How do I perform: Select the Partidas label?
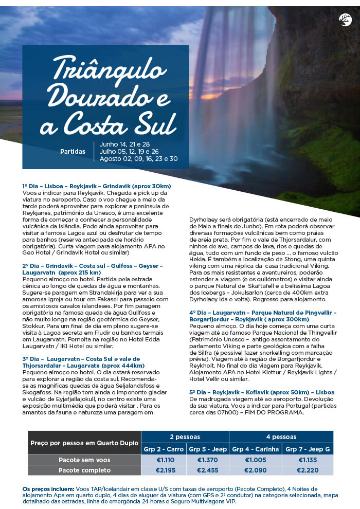pos(73,152)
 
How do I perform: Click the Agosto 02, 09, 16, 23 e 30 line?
pos(139,159)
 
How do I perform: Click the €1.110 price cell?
pos(164,460)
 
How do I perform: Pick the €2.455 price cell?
pos(208,470)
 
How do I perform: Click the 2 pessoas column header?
pos(185,437)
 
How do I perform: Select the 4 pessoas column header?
pos(281,437)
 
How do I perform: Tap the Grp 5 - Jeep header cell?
pos(208,449)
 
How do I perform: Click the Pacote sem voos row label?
pos(84,460)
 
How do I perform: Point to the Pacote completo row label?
pos(84,470)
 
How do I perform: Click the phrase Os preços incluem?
pos(45,488)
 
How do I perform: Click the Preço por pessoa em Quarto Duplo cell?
pos(84,443)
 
